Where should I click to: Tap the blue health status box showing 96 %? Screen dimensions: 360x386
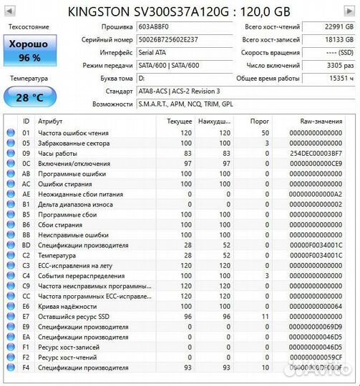[x=29, y=50]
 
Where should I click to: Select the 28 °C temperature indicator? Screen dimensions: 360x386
[x=29, y=96]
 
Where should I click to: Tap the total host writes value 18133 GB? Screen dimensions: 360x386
[x=330, y=39]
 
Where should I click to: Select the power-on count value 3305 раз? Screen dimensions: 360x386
[x=330, y=65]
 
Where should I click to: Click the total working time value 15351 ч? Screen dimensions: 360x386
[x=330, y=78]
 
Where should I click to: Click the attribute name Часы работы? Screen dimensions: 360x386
[x=57, y=153]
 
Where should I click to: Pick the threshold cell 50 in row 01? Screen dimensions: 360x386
[x=265, y=132]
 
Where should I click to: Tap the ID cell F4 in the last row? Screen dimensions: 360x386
[x=26, y=367]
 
